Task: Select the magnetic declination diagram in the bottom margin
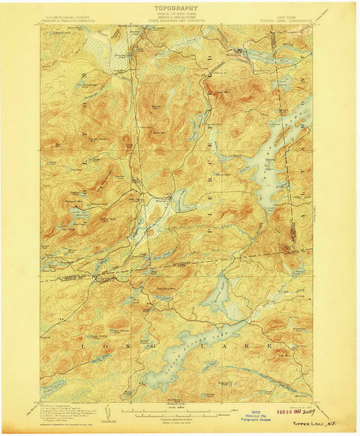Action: [108, 414]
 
